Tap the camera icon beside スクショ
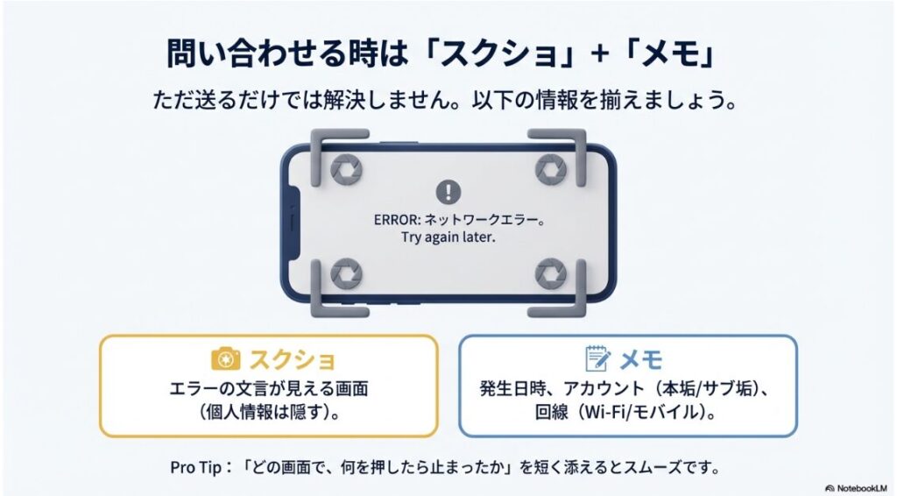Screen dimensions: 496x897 click(x=226, y=359)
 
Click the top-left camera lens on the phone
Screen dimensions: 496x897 click(x=345, y=168)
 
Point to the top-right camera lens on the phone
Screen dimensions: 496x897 click(x=551, y=168)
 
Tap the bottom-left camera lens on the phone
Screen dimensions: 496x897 click(x=345, y=273)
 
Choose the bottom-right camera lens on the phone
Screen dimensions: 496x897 click(x=551, y=273)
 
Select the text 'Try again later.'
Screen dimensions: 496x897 click(x=448, y=237)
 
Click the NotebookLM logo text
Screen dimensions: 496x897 click(x=862, y=486)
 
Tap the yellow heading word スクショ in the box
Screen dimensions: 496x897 click(x=292, y=359)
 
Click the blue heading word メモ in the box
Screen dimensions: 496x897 click(x=641, y=359)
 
